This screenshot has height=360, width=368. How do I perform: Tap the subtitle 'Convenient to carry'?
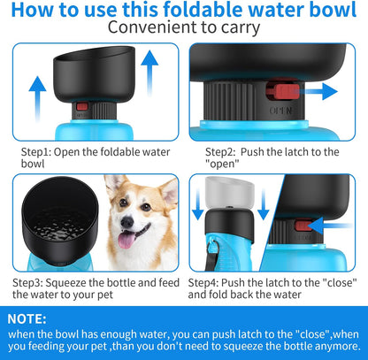click(x=183, y=28)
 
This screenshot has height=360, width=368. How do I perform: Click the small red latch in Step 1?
click(x=82, y=107)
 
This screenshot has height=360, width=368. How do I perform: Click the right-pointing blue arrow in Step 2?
click(x=326, y=91)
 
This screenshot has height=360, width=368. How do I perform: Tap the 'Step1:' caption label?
click(x=38, y=150)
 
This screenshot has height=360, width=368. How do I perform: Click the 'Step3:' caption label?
click(x=33, y=281)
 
